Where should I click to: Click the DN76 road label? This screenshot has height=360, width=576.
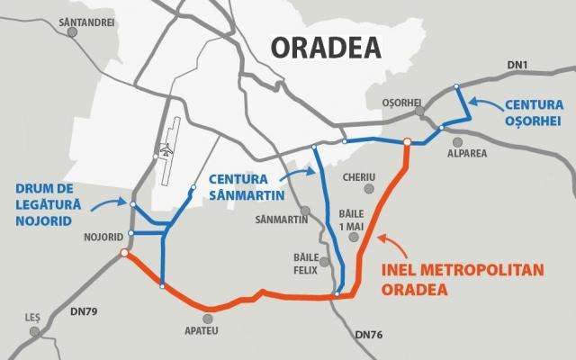point(370,335)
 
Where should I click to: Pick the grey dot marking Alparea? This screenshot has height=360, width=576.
point(458,141)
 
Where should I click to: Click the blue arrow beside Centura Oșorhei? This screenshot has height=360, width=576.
point(484,106)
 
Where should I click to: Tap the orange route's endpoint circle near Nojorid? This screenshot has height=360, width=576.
point(123,254)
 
